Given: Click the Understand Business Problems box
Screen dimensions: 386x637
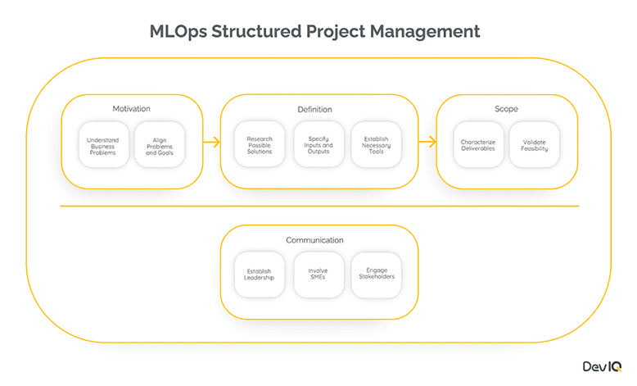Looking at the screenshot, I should pos(102,144).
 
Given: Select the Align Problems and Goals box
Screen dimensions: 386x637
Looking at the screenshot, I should pos(160,144).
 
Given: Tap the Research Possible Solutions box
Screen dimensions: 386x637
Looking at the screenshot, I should pos(260,144).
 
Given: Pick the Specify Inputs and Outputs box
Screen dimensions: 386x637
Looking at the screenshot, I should pos(318,144).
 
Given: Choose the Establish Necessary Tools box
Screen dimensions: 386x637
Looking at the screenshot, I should pos(377,144).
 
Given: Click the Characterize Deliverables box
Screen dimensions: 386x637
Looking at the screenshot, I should pos(477,144).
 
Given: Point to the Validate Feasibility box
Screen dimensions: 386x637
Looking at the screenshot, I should pos(535,144).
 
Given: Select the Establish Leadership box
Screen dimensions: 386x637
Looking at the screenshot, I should pos(260,275).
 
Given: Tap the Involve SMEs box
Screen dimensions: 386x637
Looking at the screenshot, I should pos(318,275).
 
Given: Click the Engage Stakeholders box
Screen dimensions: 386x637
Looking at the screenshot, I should pos(377,275).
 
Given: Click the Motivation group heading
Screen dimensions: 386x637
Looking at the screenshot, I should pos(131,109).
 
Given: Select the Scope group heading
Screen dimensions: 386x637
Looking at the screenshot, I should pos(506,109).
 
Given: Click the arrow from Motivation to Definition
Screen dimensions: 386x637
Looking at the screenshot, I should pos(211,143).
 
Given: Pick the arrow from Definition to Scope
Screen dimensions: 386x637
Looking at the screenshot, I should pos(427,143).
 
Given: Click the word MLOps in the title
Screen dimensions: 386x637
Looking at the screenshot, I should pos(183,32).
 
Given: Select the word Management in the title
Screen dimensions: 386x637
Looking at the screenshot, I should pos(426,32).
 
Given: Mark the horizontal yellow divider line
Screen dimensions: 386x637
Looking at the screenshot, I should pos(319,206).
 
